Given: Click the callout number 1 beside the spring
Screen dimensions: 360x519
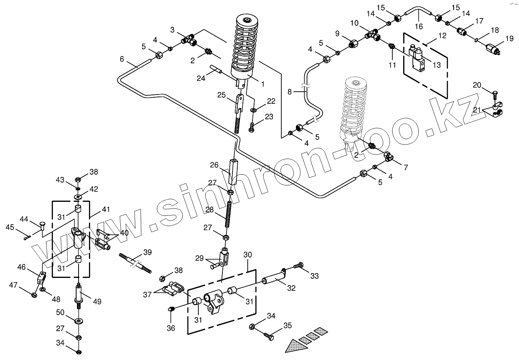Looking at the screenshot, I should (x=263, y=84).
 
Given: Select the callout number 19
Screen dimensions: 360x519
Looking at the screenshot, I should (x=509, y=39).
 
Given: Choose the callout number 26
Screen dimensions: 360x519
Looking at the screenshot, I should (x=214, y=165).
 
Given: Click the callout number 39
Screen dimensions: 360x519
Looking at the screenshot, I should (x=147, y=252).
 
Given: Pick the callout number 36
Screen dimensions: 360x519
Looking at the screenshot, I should (x=171, y=328).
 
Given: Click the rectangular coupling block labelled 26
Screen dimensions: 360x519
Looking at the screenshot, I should (x=234, y=172).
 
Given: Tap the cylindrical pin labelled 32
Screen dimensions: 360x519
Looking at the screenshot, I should (x=273, y=278).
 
